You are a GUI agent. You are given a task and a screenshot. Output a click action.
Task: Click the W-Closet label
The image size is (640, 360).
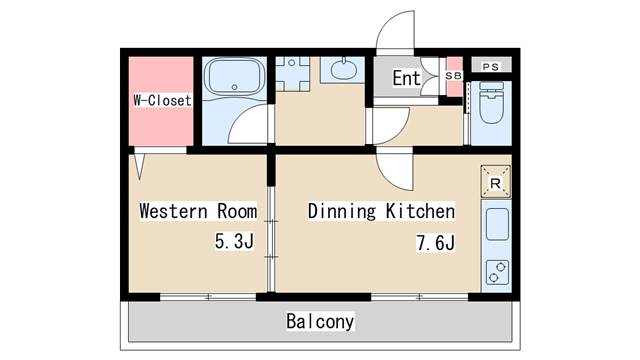tap(162, 101)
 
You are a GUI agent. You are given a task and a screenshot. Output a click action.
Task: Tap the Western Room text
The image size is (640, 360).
tap(197, 212)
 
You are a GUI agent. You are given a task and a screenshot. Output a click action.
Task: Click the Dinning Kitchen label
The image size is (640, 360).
tap(381, 212)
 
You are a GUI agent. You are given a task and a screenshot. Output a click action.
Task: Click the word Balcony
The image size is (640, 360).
tap(320, 322)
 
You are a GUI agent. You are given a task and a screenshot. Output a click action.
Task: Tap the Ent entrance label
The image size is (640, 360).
tap(406, 78)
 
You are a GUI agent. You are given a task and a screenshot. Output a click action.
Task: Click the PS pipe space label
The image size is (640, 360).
tap(489, 66)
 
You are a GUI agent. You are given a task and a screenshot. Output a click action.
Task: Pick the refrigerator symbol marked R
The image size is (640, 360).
tap(495, 182)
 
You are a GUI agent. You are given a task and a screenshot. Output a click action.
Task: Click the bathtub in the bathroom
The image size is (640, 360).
tap(233, 77)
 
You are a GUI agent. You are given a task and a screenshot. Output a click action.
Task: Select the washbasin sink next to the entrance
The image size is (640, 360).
tap(345, 70)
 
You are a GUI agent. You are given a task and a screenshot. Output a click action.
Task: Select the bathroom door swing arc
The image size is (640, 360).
tap(250, 125)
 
